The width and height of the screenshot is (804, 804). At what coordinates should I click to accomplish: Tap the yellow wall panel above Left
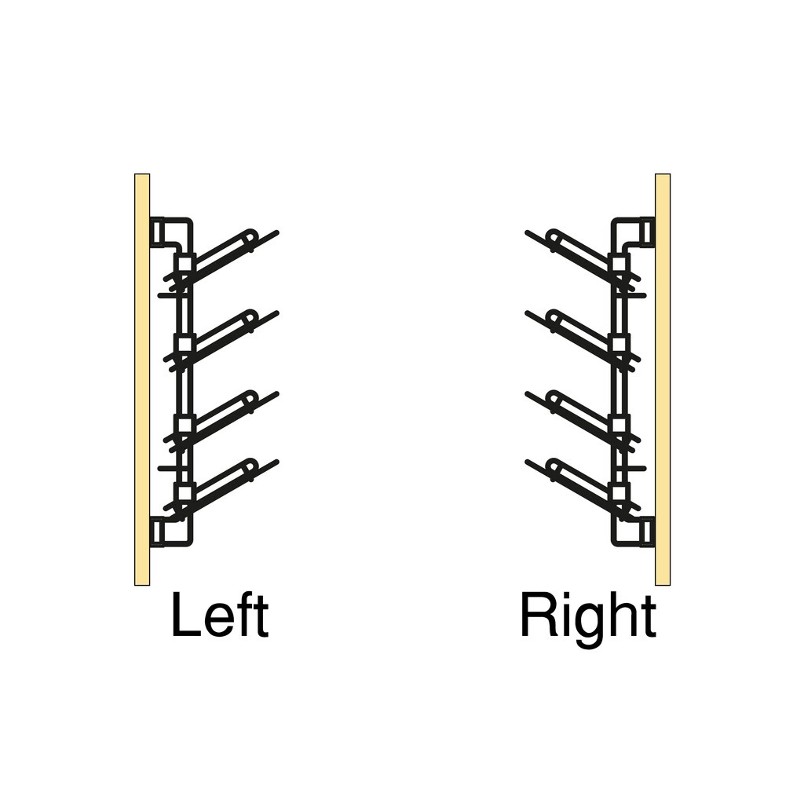pos(142,379)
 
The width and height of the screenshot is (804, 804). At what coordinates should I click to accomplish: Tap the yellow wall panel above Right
pos(663,379)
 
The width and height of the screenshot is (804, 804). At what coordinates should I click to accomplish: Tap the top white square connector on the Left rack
pos(184,264)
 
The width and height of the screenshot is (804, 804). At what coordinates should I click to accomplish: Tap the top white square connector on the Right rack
pos(620,264)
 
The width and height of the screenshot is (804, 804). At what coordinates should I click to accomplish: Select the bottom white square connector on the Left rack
pos(184,493)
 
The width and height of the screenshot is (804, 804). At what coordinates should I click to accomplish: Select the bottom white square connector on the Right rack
pos(620,493)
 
